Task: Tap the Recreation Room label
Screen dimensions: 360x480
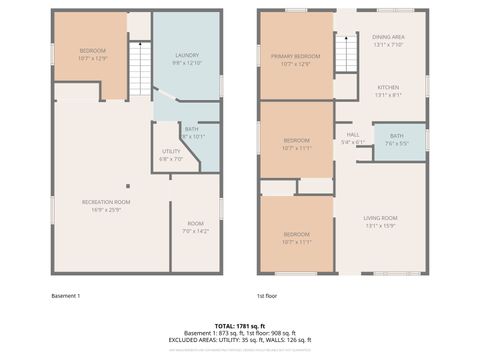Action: click(106, 202)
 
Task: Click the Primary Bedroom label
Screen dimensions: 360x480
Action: click(295, 57)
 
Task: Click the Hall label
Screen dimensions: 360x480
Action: click(353, 135)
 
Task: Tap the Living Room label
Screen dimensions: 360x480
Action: click(380, 218)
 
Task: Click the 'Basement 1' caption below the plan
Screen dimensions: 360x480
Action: click(65, 296)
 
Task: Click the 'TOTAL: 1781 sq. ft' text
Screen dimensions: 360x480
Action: click(240, 326)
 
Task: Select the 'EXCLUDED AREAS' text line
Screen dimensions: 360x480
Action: click(240, 340)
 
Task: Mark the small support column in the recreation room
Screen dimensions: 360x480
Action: click(127, 186)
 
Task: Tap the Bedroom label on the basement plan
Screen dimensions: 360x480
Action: click(92, 50)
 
